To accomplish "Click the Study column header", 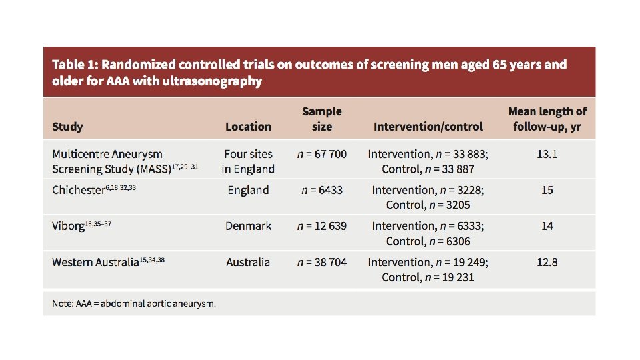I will (x=67, y=127).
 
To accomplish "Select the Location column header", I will (x=248, y=127).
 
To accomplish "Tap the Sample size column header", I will (x=321, y=119).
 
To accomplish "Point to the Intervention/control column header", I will (x=428, y=127).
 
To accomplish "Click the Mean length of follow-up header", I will (x=547, y=119).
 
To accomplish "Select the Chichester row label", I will (x=78, y=190).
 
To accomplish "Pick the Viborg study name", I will (x=68, y=226).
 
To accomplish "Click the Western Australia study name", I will (x=95, y=262).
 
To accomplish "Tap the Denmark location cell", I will (x=248, y=226).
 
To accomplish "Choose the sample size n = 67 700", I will (x=321, y=154).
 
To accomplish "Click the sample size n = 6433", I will (x=321, y=190).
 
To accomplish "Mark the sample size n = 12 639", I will (x=321, y=226).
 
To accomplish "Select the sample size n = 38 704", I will (x=321, y=262).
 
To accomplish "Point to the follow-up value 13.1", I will (x=547, y=154).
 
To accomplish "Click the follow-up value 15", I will (x=547, y=190).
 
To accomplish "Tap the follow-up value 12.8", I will (x=547, y=262).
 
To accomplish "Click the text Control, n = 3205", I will (x=428, y=205).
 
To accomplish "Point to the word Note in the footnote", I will (x=63, y=304).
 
